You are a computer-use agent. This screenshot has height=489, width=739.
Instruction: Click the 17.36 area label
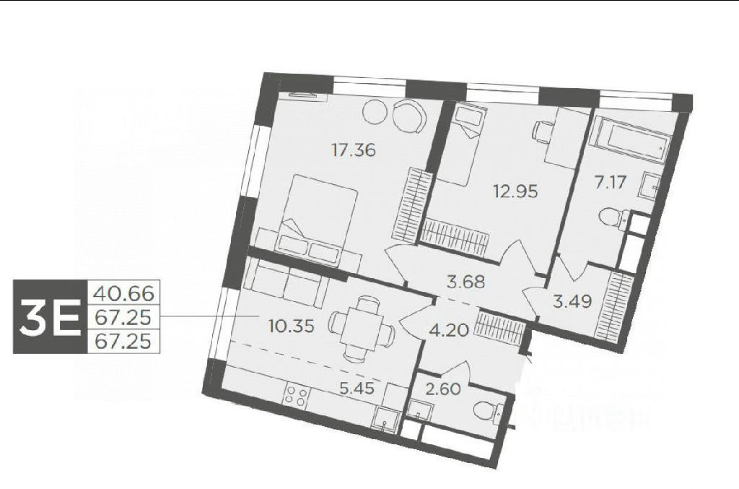point(354,150)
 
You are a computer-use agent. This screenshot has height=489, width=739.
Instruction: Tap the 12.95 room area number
point(515,191)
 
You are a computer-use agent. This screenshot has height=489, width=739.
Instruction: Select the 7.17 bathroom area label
point(610,182)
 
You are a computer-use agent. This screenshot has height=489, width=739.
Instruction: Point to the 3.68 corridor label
point(465,282)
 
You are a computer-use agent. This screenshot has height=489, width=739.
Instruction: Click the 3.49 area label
point(572,301)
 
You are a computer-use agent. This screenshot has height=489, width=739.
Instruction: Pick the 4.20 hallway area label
point(449,329)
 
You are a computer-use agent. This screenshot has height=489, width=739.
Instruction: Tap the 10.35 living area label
point(290,325)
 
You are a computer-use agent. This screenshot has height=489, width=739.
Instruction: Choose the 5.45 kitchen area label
point(357,388)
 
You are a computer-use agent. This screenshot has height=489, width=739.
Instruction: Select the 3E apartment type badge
point(50,316)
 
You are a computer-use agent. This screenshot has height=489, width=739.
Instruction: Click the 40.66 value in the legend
point(124,293)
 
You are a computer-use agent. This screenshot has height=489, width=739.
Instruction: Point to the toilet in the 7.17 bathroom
point(613,220)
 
